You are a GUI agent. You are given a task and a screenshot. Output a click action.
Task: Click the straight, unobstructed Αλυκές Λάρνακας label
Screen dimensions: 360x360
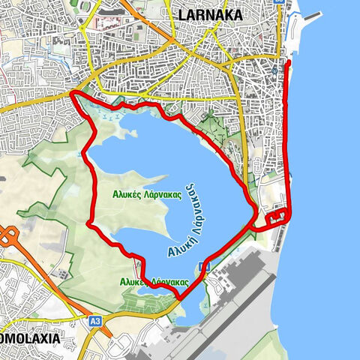148,193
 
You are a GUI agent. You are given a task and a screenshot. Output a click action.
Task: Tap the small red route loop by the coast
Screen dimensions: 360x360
277,217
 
